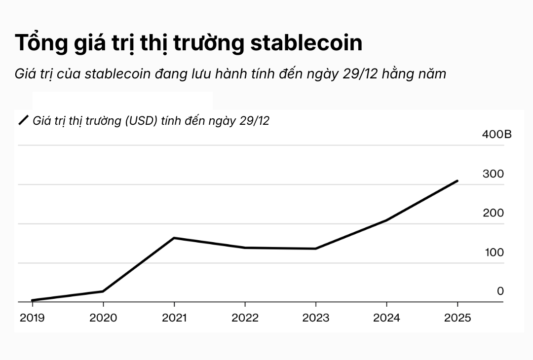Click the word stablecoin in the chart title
(306, 43)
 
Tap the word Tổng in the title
(40, 43)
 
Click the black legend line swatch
(24, 121)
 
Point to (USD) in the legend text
(141, 121)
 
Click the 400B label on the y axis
(496, 134)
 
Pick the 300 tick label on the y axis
(493, 174)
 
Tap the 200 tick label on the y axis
(493, 213)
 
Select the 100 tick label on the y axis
(493, 252)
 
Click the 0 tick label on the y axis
(500, 291)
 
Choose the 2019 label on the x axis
(32, 318)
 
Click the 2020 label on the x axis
(103, 318)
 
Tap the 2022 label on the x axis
(245, 318)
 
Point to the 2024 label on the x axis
(387, 318)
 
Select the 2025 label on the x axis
(457, 318)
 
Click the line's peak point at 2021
(174, 238)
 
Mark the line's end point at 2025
(457, 181)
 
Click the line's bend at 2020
(103, 291)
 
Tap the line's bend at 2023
(316, 249)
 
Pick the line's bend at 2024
(387, 220)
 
